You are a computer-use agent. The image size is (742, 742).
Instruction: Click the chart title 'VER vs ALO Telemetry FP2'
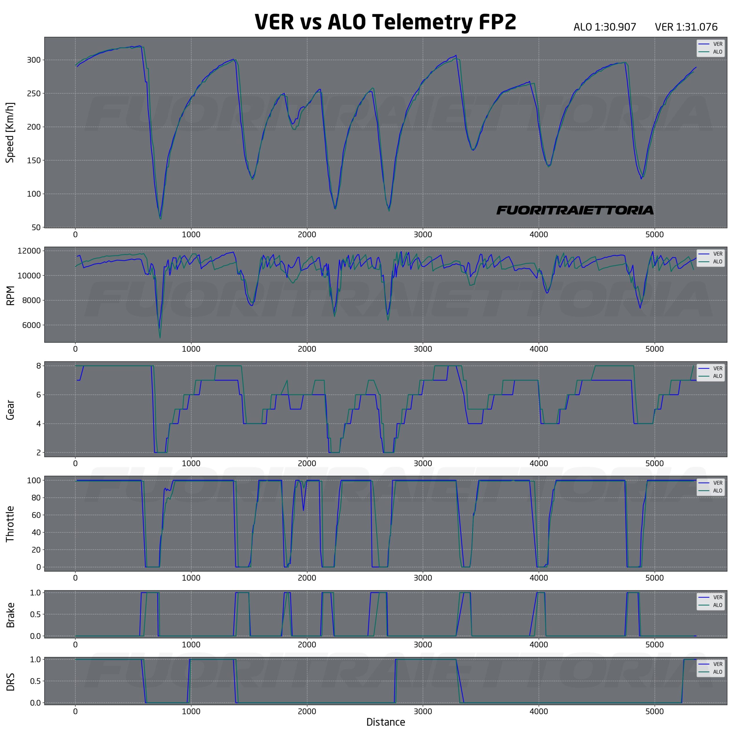tap(385, 22)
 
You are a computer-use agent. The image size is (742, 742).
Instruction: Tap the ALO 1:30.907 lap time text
tap(605, 27)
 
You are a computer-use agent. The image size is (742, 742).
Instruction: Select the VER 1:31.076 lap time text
tap(686, 27)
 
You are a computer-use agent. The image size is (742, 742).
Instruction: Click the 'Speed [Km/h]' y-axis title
tap(10, 132)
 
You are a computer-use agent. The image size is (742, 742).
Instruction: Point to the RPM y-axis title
tap(11, 295)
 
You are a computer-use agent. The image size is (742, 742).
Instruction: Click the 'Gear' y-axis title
tap(10, 410)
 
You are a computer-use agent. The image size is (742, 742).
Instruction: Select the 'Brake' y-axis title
tap(10, 615)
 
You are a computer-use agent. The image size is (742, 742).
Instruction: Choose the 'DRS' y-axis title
tap(10, 682)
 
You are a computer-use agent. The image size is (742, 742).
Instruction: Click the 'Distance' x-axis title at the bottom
tap(385, 722)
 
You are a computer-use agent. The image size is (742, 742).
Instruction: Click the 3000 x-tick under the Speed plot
tap(423, 235)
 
